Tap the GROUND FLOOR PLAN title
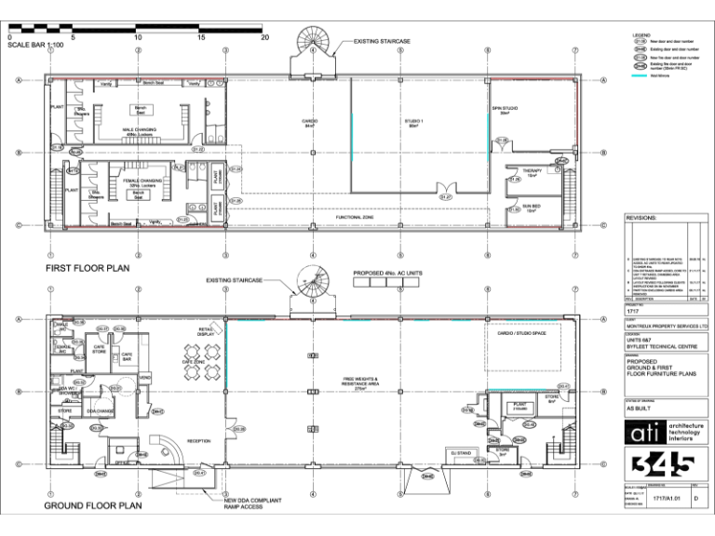(93, 506)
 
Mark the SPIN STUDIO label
(506, 110)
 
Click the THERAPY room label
(532, 172)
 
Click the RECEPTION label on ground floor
(199, 440)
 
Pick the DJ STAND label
(462, 453)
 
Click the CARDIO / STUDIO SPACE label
(521, 332)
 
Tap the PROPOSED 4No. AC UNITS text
(387, 274)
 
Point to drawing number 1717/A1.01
(662, 500)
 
